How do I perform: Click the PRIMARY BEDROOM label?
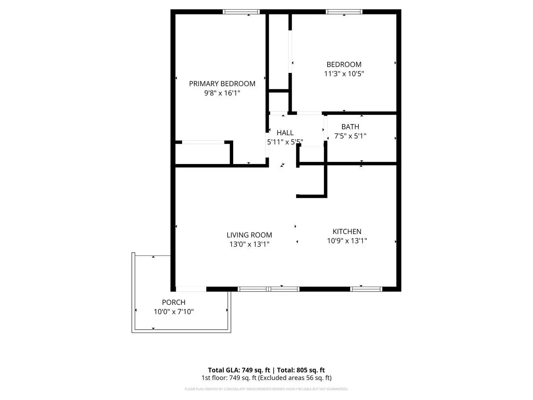(222, 84)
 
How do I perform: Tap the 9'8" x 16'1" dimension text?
(222, 93)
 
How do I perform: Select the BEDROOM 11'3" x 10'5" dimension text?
(344, 74)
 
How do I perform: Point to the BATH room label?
(350, 127)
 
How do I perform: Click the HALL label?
(285, 133)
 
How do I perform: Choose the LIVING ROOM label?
(249, 235)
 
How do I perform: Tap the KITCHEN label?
(347, 231)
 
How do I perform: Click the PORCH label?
(174, 303)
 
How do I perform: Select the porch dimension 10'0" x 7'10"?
(174, 312)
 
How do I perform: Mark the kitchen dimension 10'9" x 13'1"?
(347, 241)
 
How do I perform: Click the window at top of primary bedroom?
(241, 12)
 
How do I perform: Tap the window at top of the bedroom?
(344, 12)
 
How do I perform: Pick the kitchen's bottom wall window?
(366, 289)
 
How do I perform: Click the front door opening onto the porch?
(191, 289)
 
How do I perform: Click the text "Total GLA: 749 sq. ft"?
(239, 370)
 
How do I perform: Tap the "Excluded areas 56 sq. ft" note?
(295, 378)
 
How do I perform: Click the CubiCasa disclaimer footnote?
(266, 389)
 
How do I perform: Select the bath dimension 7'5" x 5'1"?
(350, 136)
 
